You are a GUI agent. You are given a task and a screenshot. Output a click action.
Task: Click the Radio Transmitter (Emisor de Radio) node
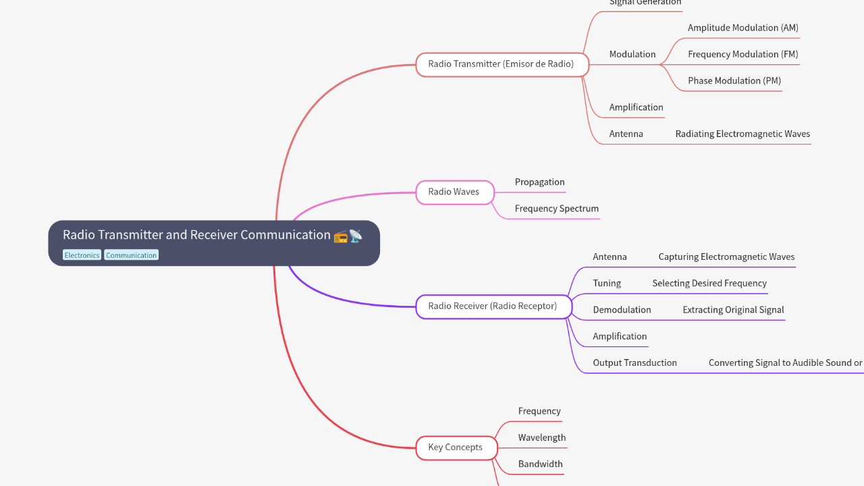502,64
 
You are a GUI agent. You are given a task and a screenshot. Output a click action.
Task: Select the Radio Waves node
454,192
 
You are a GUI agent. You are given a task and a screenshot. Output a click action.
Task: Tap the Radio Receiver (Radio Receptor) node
493,306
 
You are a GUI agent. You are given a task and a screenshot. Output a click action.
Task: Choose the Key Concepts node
456,447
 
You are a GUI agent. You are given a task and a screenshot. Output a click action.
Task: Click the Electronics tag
82,255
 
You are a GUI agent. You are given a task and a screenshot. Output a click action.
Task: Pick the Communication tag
132,255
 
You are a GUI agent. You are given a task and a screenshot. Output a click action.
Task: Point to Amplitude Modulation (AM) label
742,28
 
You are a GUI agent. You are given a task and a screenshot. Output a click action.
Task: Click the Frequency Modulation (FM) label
742,54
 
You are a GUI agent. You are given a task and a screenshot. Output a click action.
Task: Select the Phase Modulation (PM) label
734,80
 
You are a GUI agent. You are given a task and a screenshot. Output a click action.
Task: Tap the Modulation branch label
632,54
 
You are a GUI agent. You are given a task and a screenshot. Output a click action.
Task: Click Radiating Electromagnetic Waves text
742,134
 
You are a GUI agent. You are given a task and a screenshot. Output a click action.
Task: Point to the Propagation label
539,182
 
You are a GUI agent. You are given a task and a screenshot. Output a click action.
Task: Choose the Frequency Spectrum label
556,209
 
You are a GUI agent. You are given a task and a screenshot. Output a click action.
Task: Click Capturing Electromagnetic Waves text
726,256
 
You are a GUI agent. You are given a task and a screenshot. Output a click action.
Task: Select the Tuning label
607,283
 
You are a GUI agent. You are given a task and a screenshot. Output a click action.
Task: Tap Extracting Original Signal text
733,310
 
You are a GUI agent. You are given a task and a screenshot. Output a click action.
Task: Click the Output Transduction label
634,362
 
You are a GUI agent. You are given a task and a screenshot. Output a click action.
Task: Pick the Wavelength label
542,437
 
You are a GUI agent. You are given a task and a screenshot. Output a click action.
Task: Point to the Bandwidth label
540,464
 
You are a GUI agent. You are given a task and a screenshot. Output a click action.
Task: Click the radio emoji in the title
340,236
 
